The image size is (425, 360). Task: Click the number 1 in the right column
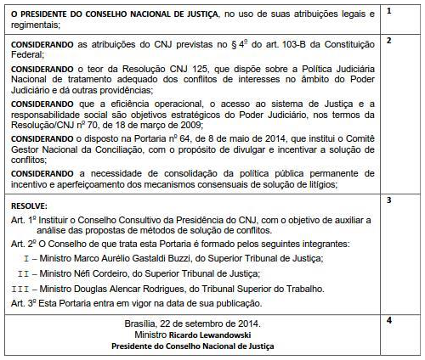[x=388, y=10]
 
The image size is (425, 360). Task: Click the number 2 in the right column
[x=388, y=41]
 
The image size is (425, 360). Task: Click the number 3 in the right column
[x=388, y=200]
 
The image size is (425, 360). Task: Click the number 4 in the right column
[x=388, y=320]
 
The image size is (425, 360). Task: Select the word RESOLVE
[x=30, y=205]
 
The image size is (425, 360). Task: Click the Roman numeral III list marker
[x=20, y=288]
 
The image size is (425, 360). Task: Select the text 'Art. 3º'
[x=25, y=303]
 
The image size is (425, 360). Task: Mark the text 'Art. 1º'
[x=25, y=219]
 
